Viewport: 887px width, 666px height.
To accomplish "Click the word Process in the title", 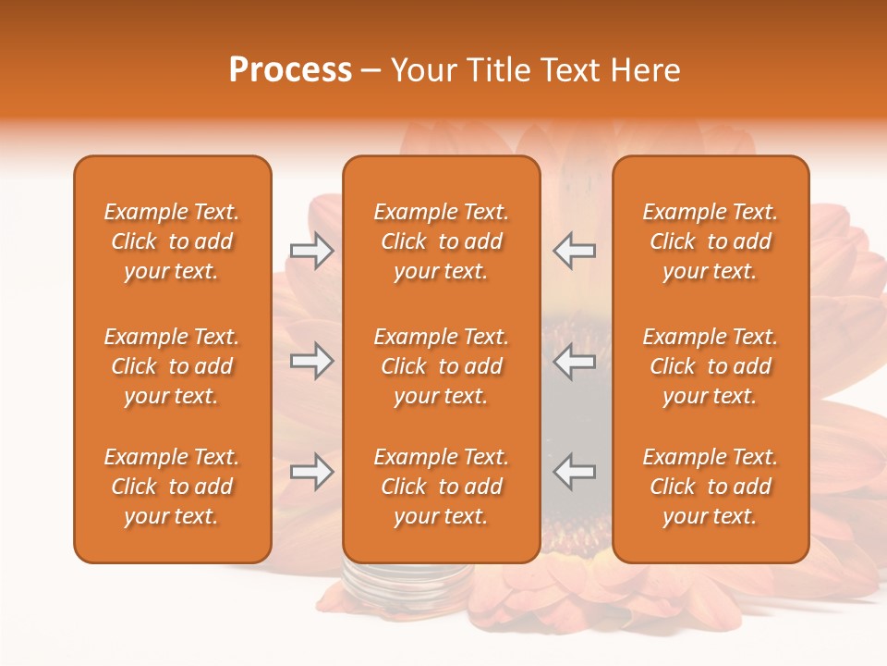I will pos(290,70).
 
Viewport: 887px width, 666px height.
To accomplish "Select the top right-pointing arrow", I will pos(311,251).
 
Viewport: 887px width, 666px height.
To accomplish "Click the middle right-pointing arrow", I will pos(311,361).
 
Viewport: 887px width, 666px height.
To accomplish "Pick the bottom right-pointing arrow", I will pos(311,472).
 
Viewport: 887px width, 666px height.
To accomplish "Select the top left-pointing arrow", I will pos(575,251).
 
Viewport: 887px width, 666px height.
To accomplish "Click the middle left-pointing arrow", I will pos(575,361).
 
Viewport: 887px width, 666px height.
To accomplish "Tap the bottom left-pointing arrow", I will pos(575,472).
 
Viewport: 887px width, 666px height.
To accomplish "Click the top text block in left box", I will pos(172,241).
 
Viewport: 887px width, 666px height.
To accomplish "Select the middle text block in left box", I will pos(172,366).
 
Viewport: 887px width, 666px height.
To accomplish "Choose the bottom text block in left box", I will pos(172,487).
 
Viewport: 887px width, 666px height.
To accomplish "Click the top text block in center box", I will pos(441,241).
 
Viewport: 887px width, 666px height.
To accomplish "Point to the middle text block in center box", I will pos(441,366).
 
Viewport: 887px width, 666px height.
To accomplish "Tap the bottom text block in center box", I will pos(441,487).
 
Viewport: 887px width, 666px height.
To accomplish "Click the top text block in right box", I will pos(710,241).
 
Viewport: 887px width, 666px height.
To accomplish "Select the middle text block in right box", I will pos(710,366).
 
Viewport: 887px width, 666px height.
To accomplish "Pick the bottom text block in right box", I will pos(710,487).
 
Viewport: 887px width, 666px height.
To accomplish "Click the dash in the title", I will pos(371,71).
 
